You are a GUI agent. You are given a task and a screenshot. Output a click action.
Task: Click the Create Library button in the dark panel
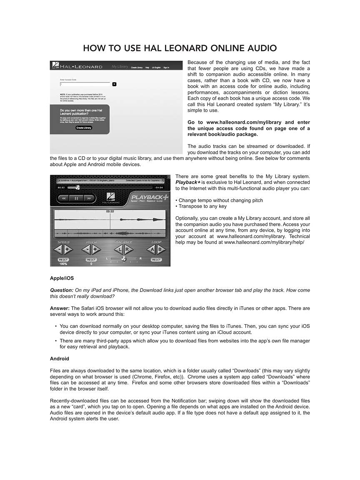tap(84, 128)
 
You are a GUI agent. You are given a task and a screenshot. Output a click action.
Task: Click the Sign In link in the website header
tap(166, 67)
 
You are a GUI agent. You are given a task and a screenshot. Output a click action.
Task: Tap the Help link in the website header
tap(147, 67)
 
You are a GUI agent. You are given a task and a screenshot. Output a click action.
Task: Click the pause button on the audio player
tap(77, 198)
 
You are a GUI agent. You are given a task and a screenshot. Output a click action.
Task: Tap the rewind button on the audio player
tap(64, 198)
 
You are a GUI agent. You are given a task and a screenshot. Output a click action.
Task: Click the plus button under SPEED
tap(68, 250)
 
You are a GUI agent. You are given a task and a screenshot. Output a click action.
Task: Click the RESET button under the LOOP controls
tap(156, 260)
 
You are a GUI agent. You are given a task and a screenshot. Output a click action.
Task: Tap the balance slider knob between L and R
tap(123, 259)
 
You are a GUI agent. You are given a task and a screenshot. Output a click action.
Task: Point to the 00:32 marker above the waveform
tap(110, 212)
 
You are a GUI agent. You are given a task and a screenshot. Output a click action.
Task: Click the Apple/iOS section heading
tap(62, 278)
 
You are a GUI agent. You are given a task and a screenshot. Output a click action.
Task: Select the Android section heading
tap(60, 359)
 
